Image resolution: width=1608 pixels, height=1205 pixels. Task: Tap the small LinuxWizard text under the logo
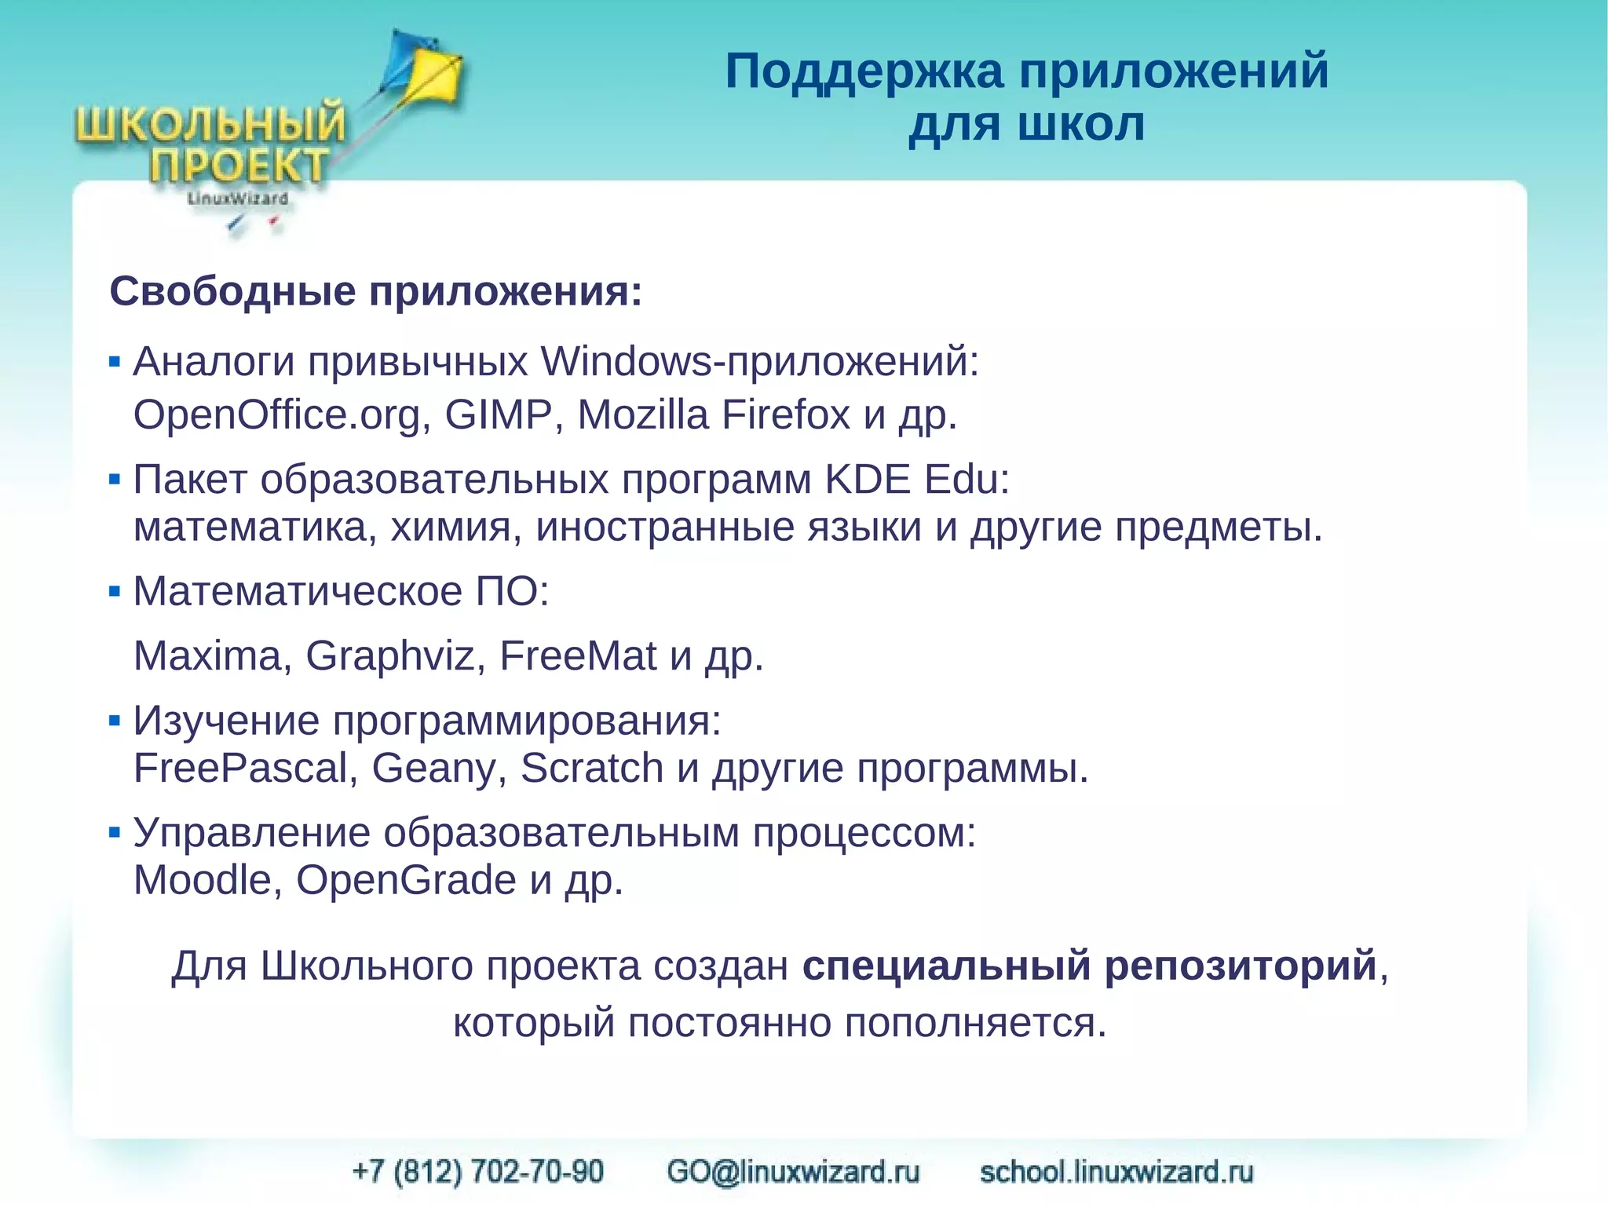pos(237,199)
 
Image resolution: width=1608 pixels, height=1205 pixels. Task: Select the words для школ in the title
pos(1026,125)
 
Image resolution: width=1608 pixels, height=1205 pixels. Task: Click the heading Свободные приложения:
pos(375,291)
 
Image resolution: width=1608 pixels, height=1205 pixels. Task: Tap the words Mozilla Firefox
pos(713,415)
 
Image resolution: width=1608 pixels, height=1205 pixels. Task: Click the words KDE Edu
pos(915,479)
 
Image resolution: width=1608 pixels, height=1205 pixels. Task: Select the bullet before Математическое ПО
pos(115,591)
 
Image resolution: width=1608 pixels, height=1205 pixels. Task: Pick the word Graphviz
pos(390,655)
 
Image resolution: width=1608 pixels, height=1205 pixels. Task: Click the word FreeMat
pos(577,655)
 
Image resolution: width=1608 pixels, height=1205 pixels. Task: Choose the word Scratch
pos(591,768)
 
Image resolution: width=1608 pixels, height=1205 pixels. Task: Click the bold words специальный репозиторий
pos(1090,965)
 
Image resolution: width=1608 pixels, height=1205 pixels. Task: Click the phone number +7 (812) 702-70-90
pos(478,1171)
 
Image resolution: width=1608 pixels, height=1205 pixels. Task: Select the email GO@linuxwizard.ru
pos(793,1171)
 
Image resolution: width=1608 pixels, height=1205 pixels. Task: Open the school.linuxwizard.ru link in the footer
pos(1116,1171)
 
